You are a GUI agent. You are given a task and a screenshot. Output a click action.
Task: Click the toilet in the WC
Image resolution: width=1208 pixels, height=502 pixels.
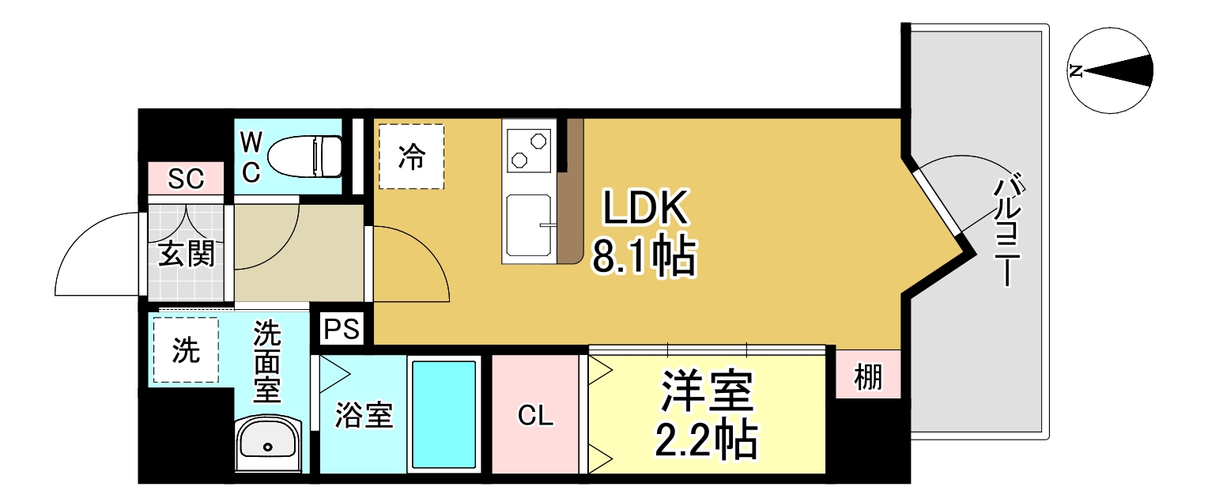pos(304,156)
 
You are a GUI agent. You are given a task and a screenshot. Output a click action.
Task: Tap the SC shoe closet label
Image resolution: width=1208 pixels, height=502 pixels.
pos(187,179)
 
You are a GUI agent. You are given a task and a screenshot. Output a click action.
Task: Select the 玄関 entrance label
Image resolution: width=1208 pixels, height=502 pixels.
pos(187,255)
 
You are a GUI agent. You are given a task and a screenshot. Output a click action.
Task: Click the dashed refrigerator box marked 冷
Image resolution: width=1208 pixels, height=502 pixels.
pos(411,157)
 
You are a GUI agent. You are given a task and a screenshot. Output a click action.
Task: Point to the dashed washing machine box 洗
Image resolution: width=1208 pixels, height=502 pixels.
pos(186,350)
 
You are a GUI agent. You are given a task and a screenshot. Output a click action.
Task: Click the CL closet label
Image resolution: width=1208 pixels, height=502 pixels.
pos(535,416)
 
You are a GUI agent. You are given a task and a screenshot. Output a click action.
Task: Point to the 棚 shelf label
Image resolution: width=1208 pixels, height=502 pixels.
pos(868,379)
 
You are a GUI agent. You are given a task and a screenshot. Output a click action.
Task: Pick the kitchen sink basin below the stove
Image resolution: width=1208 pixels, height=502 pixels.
pos(530,225)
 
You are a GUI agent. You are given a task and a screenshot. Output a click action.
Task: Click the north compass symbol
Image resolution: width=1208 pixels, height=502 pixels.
pos(1110,70)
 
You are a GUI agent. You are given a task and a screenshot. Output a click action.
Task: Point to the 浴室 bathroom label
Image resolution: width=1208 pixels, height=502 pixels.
pos(364,416)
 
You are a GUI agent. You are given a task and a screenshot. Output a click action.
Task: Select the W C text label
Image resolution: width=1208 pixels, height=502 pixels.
pos(251,157)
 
